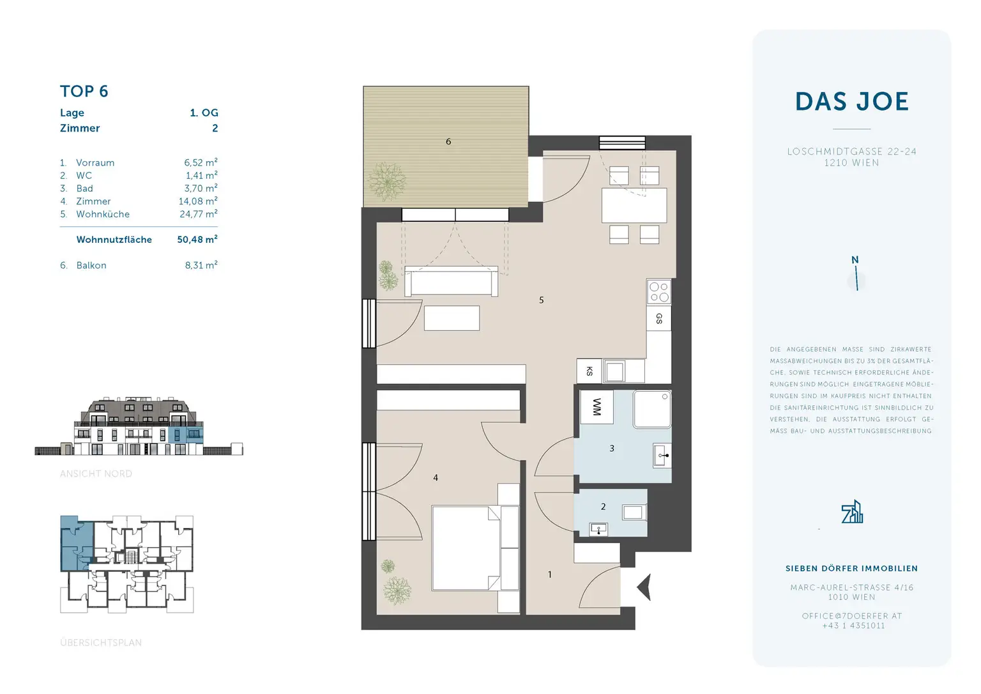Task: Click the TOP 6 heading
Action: [84, 91]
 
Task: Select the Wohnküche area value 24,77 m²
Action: [198, 214]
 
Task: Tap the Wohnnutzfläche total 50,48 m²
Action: [197, 240]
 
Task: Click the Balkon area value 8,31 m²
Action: [201, 265]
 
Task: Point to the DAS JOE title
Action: [851, 102]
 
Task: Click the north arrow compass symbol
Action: [856, 275]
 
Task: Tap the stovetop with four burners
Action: [658, 292]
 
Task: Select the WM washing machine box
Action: [597, 407]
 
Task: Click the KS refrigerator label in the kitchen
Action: [589, 371]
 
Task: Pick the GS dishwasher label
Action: [658, 318]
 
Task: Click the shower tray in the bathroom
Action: [652, 410]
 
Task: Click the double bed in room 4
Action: [466, 548]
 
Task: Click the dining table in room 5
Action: [634, 205]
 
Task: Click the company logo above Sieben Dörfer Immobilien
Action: [852, 513]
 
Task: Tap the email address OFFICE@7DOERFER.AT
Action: [851, 616]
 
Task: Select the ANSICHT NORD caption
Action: [96, 474]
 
